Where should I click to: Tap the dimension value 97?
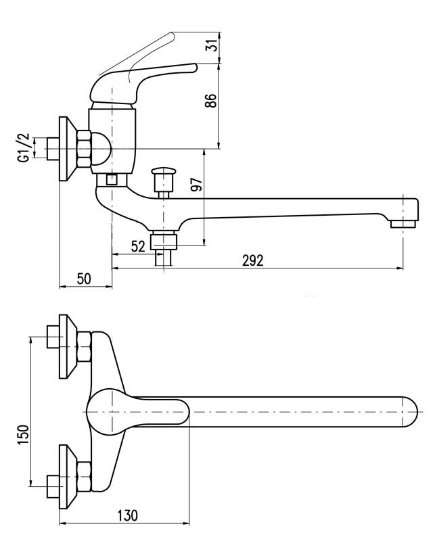tap(197, 187)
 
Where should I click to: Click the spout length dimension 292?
tap(252, 260)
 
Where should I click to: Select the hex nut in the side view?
tap(83, 149)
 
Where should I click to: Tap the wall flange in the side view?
tap(66, 149)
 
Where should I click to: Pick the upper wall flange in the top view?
tap(66, 345)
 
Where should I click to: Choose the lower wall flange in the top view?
tap(66, 476)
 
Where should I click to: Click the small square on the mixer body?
tap(112, 180)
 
